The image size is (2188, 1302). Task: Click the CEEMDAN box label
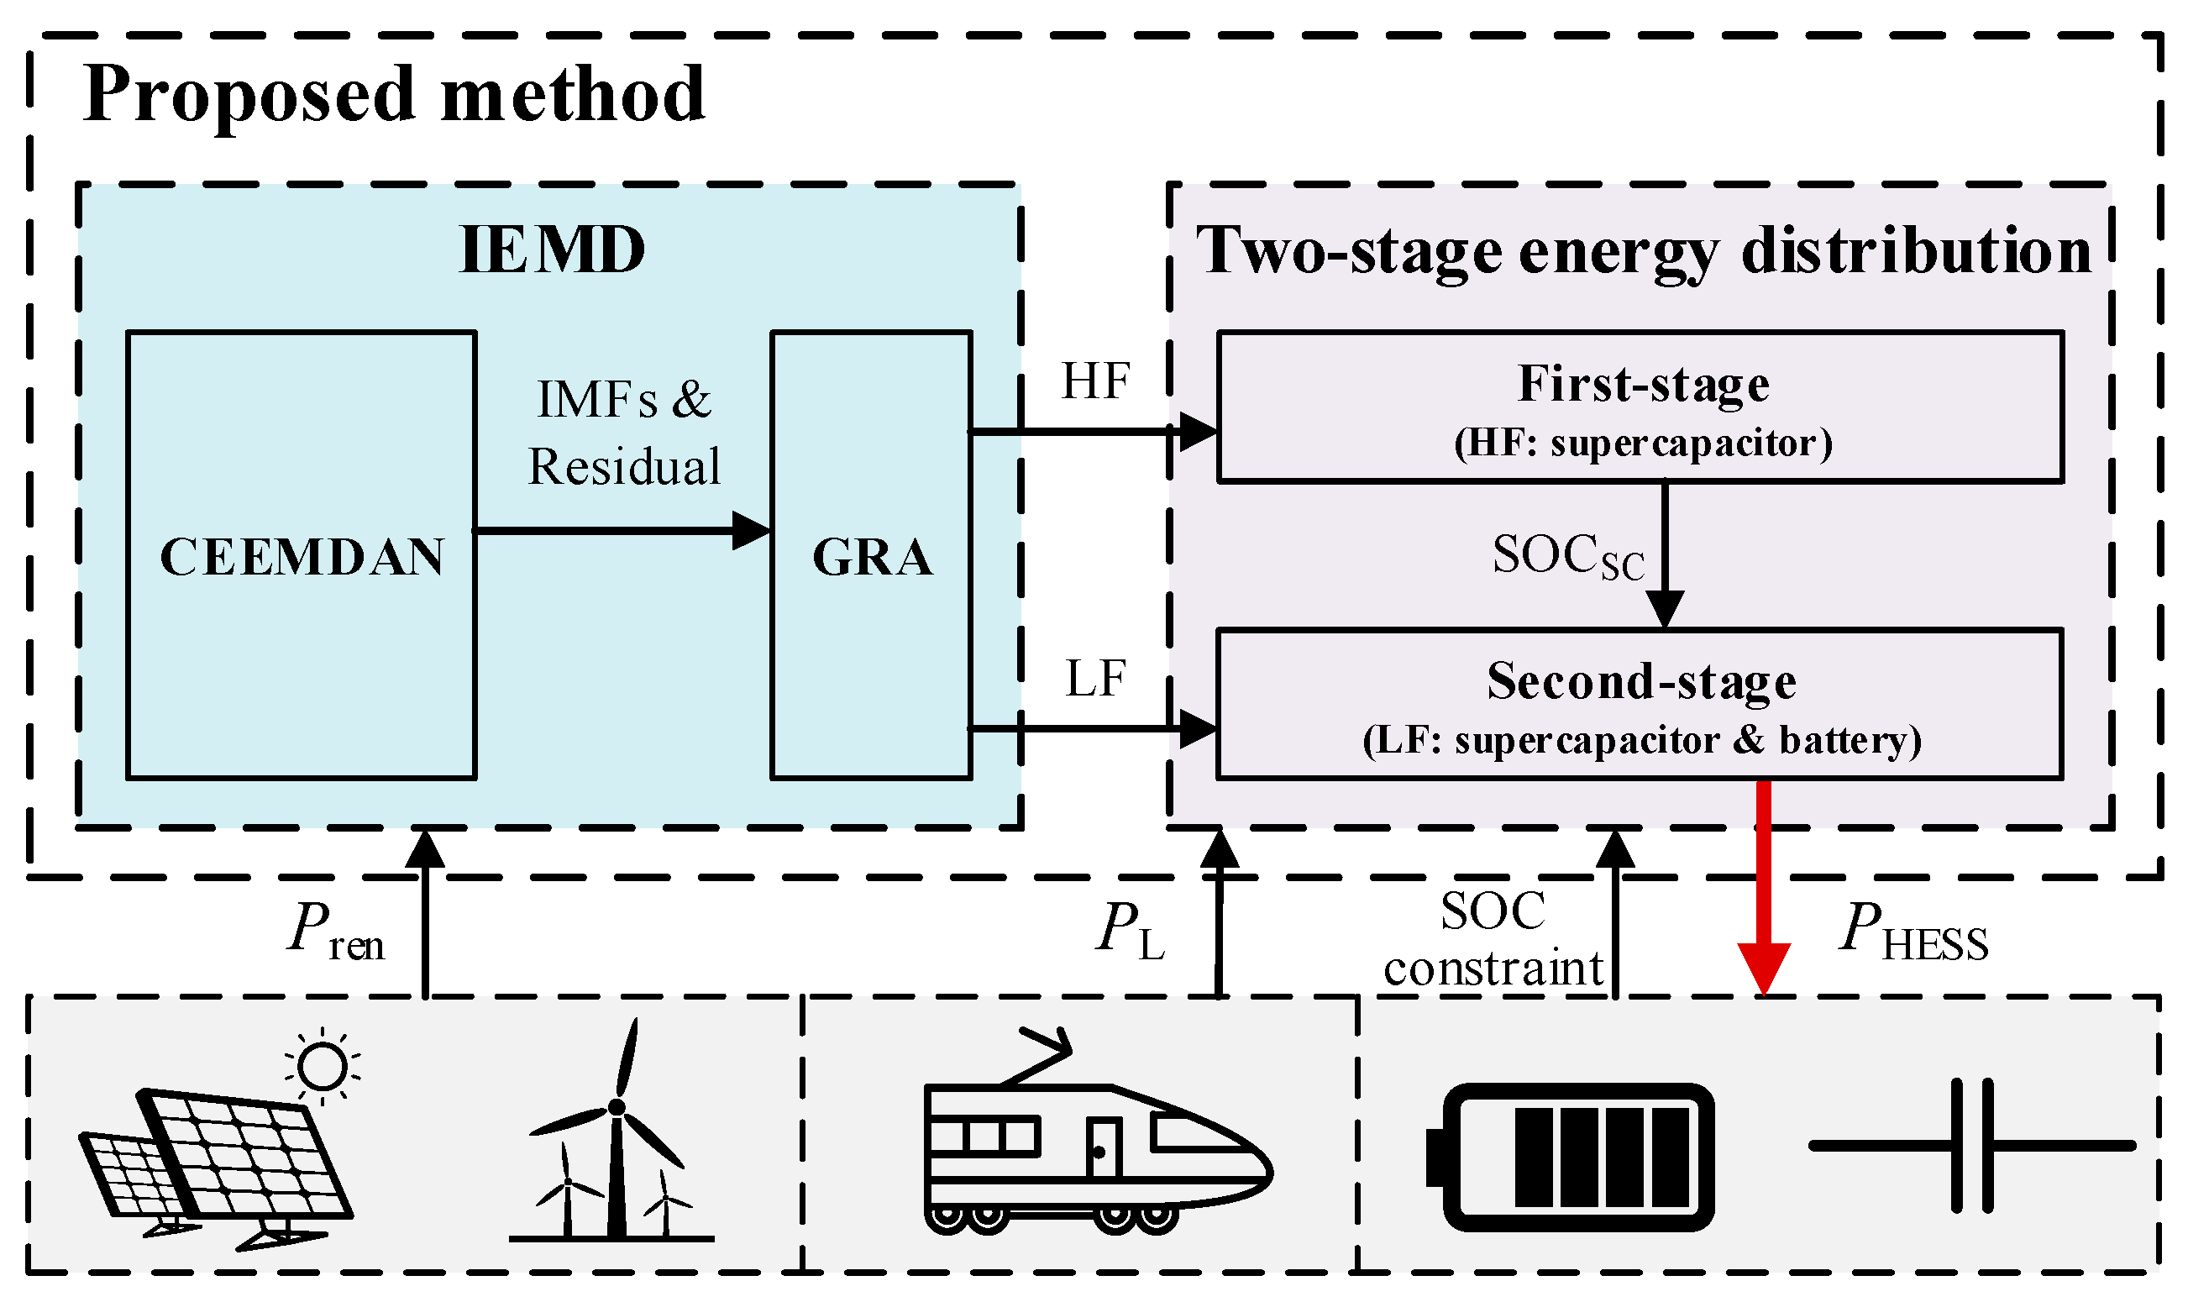[x=302, y=556]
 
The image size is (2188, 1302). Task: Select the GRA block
[x=871, y=556]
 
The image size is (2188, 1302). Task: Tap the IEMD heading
[x=552, y=250]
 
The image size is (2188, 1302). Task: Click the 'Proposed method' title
[x=394, y=94]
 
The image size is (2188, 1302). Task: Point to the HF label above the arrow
[x=1095, y=381]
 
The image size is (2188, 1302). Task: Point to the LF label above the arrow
[x=1095, y=678]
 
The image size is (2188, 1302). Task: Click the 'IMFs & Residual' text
[x=624, y=433]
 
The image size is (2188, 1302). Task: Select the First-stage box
[x=1639, y=407]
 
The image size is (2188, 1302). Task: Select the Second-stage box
[x=1639, y=704]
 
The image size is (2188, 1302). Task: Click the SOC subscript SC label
[x=1568, y=556]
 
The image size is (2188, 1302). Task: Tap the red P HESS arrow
[x=1763, y=886]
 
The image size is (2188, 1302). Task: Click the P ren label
[x=336, y=932]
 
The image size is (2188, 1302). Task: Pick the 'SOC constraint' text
[x=1493, y=941]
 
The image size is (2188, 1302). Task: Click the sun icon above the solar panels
[x=322, y=1066]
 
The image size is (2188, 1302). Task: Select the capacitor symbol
[x=1971, y=1146]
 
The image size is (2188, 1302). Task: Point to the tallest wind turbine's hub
[x=617, y=1107]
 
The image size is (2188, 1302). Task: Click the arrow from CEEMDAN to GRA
[x=622, y=531]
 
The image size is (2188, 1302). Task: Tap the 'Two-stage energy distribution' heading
[x=1643, y=252]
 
